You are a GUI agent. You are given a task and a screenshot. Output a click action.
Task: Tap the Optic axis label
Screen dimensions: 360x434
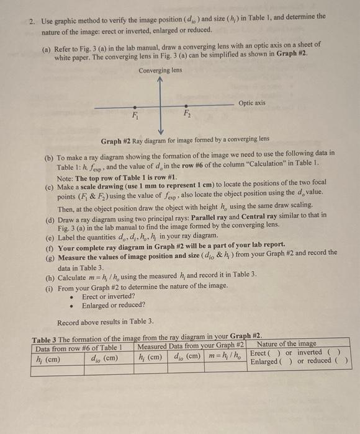tap(254, 102)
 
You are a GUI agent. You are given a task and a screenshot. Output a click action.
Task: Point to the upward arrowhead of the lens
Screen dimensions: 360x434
tap(160, 79)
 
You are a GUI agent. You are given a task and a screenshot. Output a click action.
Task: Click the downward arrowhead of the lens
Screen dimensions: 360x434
tap(160, 131)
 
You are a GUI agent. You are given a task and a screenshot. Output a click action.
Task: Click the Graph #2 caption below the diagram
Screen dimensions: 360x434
tap(184, 139)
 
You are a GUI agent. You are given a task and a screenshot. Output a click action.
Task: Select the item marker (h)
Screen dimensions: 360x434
tap(51, 273)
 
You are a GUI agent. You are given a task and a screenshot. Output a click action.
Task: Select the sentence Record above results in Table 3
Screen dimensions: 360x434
tap(106, 322)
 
